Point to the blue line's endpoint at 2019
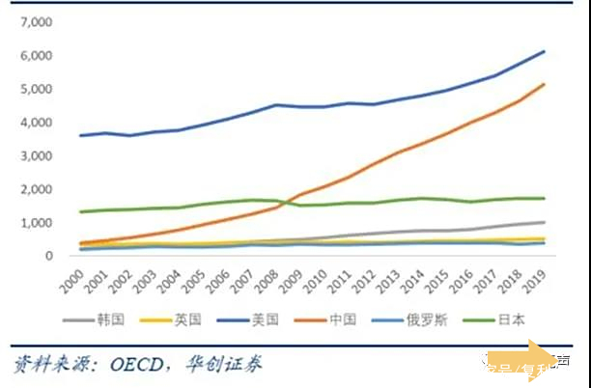[x=544, y=51]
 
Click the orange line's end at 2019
[x=544, y=84]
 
